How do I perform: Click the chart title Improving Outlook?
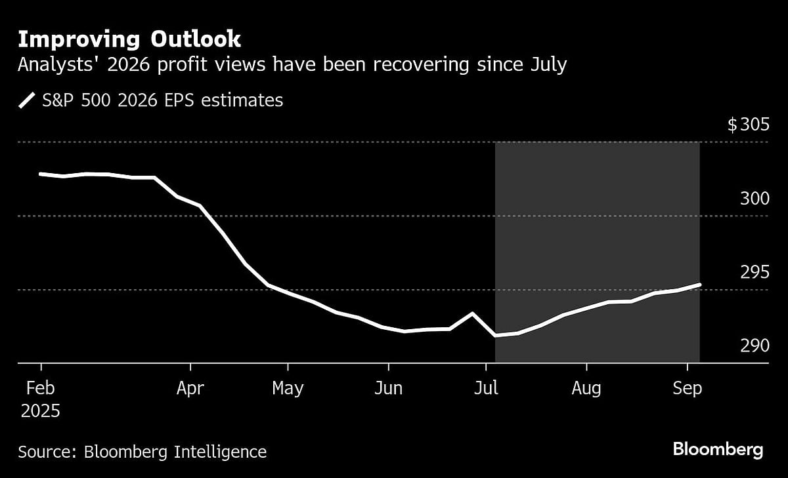pos(129,39)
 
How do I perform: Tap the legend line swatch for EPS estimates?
pos(27,100)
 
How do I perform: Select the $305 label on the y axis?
pos(747,125)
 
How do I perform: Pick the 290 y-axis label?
pos(754,345)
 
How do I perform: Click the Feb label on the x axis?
pos(41,388)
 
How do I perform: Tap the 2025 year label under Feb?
pos(41,411)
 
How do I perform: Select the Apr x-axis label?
pos(190,388)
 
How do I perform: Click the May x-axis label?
pos(288,388)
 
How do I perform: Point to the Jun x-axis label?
pos(388,388)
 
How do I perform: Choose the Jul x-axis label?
pos(486,388)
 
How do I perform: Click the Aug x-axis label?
pos(586,388)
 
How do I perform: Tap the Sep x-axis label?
pos(688,388)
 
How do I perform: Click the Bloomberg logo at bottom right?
pos(718,450)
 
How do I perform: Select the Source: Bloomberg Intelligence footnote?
pos(142,451)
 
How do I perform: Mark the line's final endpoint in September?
pos(700,285)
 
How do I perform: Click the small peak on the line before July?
pos(472,313)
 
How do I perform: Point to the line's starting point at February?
pos(41,174)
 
